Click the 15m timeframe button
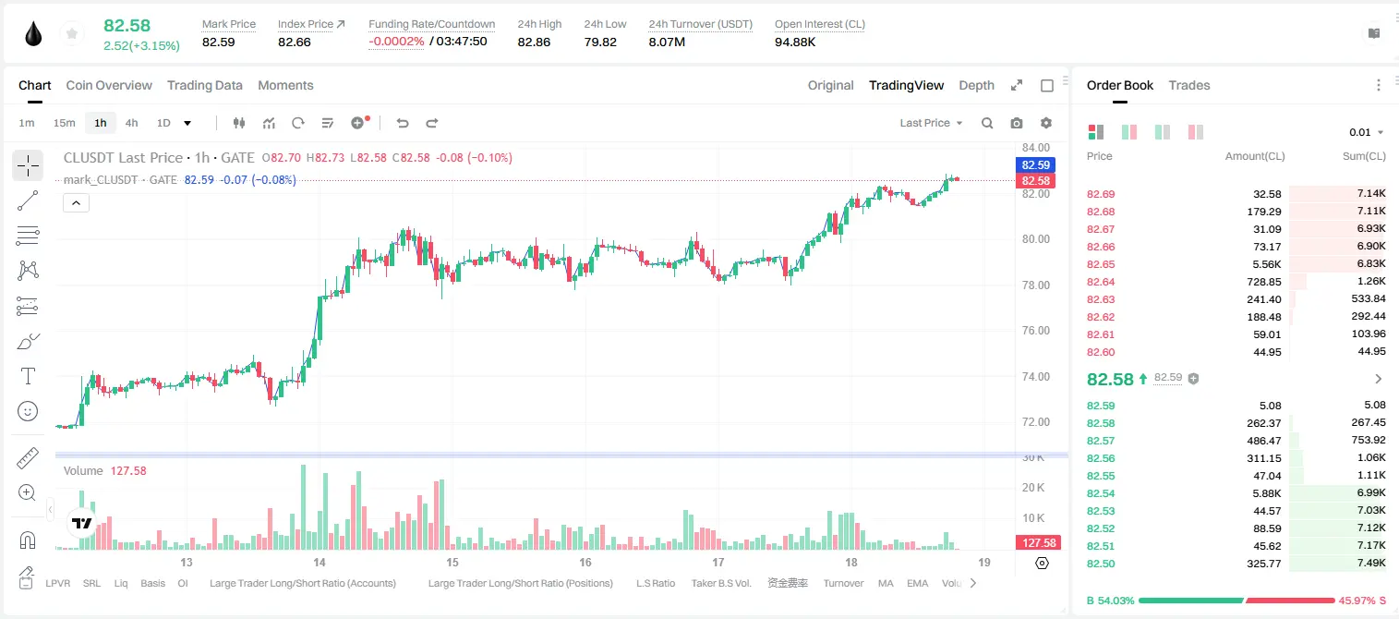(x=65, y=123)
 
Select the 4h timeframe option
(x=131, y=123)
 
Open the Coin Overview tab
(x=109, y=85)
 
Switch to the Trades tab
(x=1189, y=85)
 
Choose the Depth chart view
(x=976, y=85)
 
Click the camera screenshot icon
(x=1017, y=123)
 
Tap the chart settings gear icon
(x=1046, y=123)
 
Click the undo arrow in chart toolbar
(x=403, y=123)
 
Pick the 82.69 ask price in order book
(x=1101, y=194)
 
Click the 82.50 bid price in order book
(x=1101, y=564)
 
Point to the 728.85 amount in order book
(x=1263, y=282)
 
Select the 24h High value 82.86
(x=534, y=42)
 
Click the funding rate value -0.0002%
(x=396, y=42)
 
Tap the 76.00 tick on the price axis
(x=1035, y=331)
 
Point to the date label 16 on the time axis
(x=585, y=562)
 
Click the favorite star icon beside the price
(x=72, y=33)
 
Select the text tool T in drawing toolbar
(x=28, y=376)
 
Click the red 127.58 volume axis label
(x=1038, y=543)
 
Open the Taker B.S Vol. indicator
(x=720, y=583)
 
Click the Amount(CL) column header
(x=1255, y=156)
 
